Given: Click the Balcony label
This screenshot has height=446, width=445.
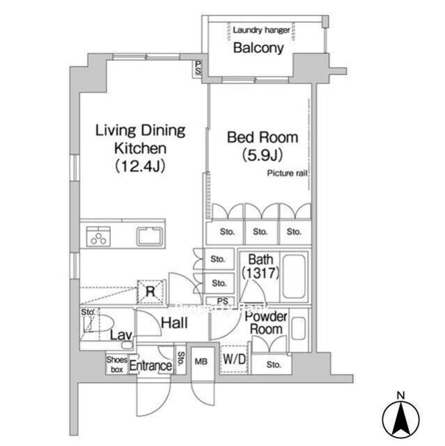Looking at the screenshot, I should [x=258, y=48].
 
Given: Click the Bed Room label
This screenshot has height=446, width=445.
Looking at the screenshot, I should [x=263, y=137].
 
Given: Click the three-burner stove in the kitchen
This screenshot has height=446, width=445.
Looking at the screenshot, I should [x=98, y=237].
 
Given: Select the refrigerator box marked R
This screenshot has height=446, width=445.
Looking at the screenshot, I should [x=151, y=291].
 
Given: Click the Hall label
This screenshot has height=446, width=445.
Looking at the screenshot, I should [x=174, y=323].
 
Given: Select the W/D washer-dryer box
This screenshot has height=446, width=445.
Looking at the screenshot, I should [x=234, y=360].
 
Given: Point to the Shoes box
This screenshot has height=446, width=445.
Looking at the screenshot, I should [x=116, y=364].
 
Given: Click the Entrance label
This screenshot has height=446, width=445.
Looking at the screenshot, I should [x=151, y=366].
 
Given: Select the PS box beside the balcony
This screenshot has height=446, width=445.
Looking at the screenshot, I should [x=199, y=68].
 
